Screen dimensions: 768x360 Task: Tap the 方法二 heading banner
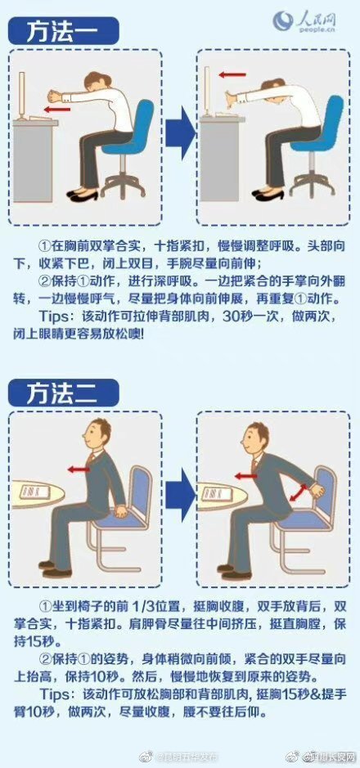[x=64, y=392]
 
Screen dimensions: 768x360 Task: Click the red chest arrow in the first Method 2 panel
[x=79, y=469]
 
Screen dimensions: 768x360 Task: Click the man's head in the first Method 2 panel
[x=100, y=433]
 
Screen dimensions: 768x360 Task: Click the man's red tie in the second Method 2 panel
[x=256, y=467]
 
